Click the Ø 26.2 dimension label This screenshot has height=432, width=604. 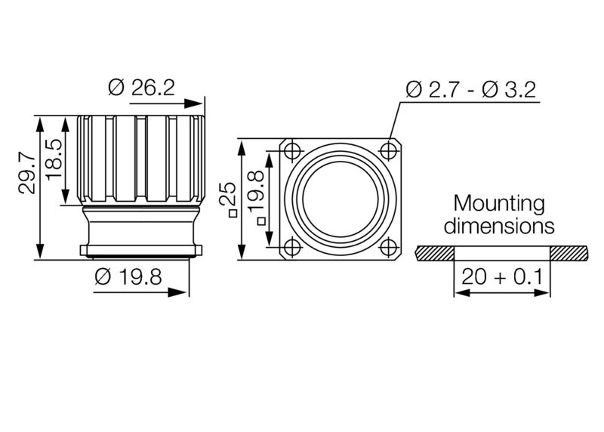[141, 88]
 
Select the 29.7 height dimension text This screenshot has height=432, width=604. [27, 173]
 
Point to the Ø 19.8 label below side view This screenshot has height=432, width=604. [128, 276]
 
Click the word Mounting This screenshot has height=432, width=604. [498, 203]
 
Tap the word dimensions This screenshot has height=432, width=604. [498, 225]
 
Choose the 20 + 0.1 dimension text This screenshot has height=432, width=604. [503, 277]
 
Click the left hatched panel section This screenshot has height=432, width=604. [435, 251]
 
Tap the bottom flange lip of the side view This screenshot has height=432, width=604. [141, 250]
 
